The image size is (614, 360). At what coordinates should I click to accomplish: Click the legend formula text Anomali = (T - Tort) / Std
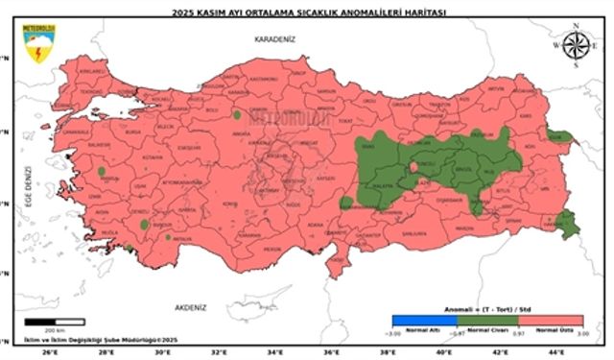click(x=487, y=310)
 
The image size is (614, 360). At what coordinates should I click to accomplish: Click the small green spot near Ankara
click(x=236, y=115)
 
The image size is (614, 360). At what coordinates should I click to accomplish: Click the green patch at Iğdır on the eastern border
click(x=560, y=136)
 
